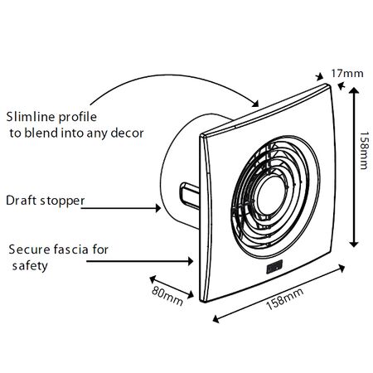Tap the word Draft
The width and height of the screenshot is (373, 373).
click(x=21, y=200)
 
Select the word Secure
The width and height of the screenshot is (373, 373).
click(x=28, y=249)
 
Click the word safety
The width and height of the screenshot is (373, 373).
click(x=29, y=267)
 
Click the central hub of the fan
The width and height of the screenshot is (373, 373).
click(x=269, y=198)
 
